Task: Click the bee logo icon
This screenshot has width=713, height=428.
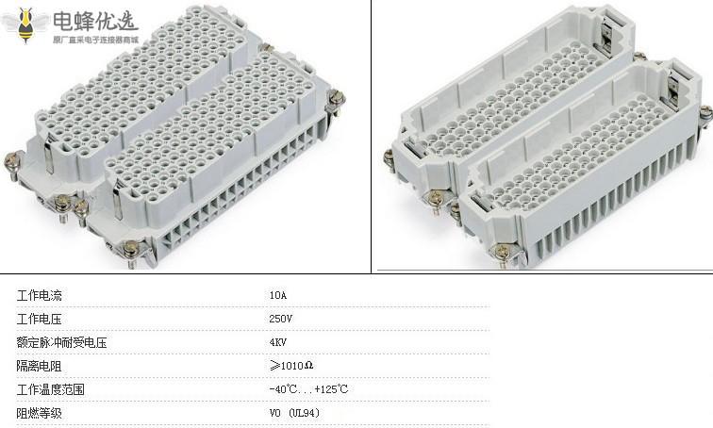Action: tap(25, 25)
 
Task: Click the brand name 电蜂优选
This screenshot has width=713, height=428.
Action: tap(94, 21)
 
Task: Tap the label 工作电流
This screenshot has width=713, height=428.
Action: tap(39, 295)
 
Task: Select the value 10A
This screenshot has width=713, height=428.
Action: tap(278, 295)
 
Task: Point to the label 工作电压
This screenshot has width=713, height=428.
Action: tap(39, 319)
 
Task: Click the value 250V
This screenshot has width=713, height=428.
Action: tap(280, 319)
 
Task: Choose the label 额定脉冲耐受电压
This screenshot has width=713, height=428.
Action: tap(61, 342)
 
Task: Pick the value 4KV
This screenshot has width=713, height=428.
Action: tap(278, 342)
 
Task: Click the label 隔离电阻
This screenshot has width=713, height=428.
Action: tap(39, 366)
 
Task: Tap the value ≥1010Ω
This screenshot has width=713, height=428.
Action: tap(291, 365)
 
